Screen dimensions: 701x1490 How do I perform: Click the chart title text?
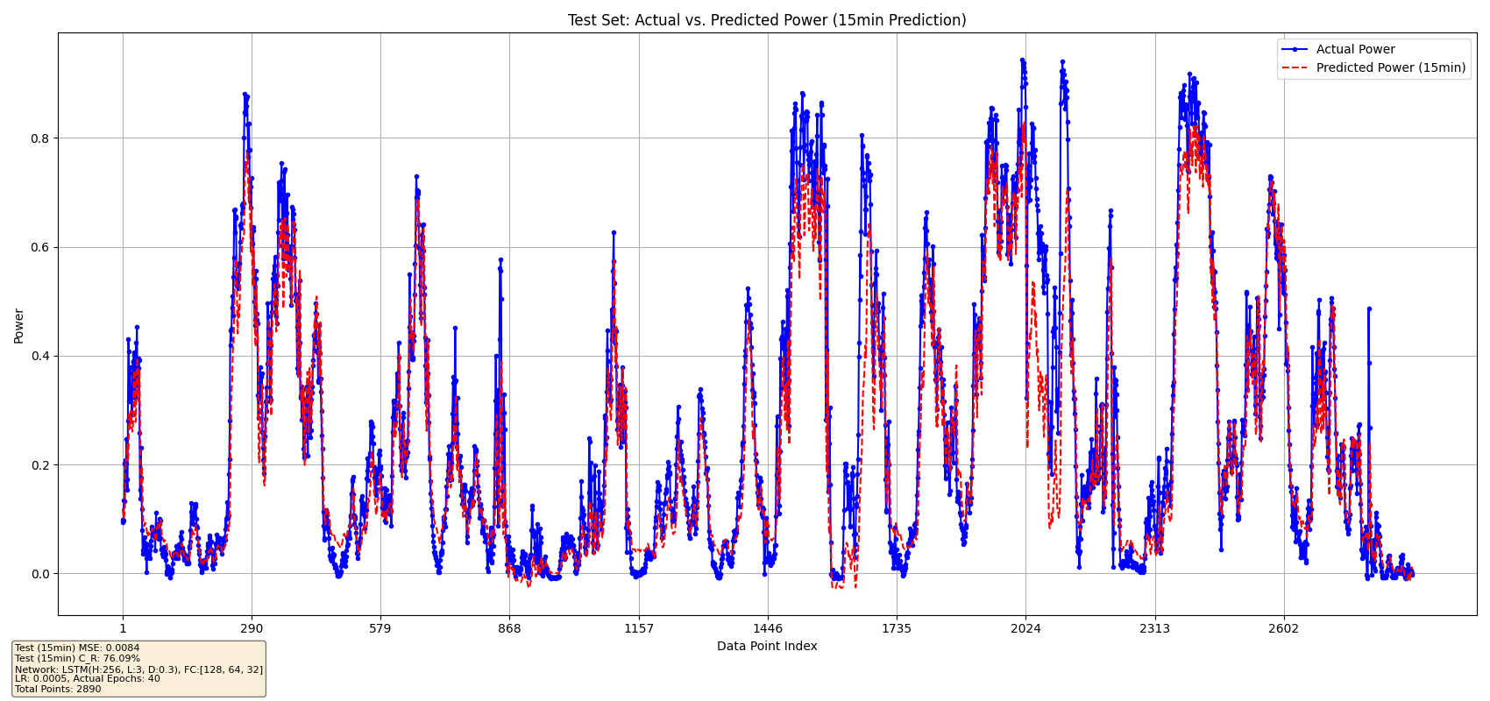[767, 20]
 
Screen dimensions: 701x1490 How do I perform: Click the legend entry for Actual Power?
[1355, 50]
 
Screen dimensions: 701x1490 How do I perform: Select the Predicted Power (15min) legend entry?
[1390, 67]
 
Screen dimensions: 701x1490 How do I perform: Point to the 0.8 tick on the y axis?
[42, 138]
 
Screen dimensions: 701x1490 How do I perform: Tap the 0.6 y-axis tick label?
[42, 247]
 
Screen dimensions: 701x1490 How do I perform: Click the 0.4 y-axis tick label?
[42, 356]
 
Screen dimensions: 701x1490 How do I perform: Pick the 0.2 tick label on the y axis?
[42, 465]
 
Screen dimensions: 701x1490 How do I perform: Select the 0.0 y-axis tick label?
[42, 574]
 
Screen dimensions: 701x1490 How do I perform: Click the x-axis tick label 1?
[123, 628]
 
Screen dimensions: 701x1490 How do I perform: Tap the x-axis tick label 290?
[252, 628]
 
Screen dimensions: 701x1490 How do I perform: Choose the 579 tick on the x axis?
[380, 628]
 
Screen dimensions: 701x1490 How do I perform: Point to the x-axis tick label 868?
[509, 628]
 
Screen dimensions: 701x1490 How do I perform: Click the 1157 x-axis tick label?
[639, 628]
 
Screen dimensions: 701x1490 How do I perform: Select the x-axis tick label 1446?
[768, 628]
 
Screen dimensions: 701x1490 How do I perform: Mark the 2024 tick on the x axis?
[1025, 628]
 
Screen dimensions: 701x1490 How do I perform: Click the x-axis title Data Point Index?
[767, 647]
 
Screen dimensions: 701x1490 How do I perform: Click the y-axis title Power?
[19, 325]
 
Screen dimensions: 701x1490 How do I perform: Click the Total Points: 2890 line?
[58, 690]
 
